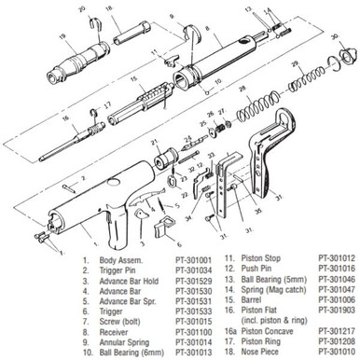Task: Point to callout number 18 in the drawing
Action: (x=110, y=8)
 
